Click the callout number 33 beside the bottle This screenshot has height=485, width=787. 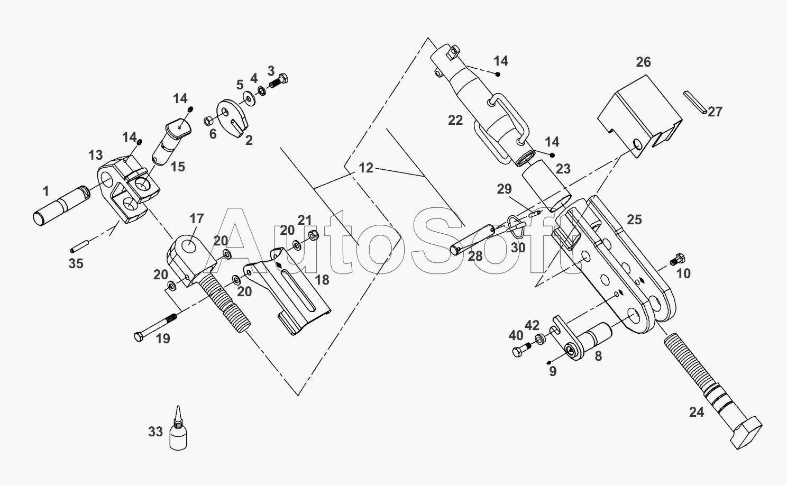[x=155, y=432]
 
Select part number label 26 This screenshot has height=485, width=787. [x=643, y=62]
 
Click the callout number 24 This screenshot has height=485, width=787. [x=697, y=412]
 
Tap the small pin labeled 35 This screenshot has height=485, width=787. [x=80, y=245]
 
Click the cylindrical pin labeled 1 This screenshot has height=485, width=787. [x=61, y=205]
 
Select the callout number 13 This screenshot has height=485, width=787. [x=95, y=155]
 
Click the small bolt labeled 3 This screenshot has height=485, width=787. [x=278, y=81]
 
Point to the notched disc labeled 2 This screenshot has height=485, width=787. [x=232, y=118]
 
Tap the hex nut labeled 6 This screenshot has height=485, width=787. [x=208, y=121]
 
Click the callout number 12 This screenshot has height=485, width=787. [x=366, y=168]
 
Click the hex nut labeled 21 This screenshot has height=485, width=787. [x=313, y=235]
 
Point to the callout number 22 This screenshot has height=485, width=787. [x=455, y=120]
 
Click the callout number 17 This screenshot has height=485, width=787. [x=196, y=218]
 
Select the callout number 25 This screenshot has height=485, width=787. [x=635, y=219]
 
